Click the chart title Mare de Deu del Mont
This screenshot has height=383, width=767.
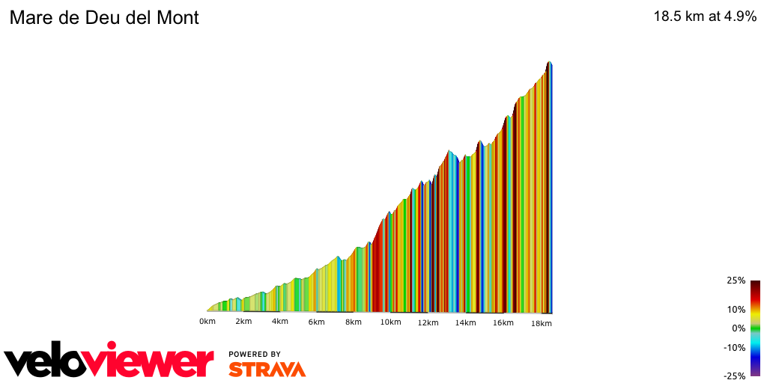pyautogui.click(x=104, y=18)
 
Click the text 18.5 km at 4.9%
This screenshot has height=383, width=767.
pyautogui.click(x=705, y=17)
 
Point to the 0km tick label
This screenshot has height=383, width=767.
pyautogui.click(x=207, y=322)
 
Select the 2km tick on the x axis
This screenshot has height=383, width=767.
pyautogui.click(x=243, y=322)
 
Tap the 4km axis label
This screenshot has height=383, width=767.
pyautogui.click(x=279, y=322)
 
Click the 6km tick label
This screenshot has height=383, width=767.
pyautogui.click(x=316, y=322)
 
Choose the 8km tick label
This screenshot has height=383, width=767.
pyautogui.click(x=354, y=322)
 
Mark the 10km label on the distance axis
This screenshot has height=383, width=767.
pyautogui.click(x=389, y=322)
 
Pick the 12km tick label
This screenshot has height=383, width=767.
pyautogui.click(x=428, y=322)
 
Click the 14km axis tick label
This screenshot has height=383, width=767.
pyautogui.click(x=465, y=322)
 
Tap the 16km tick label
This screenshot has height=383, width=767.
pyautogui.click(x=503, y=322)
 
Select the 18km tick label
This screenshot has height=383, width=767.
pyautogui.click(x=542, y=322)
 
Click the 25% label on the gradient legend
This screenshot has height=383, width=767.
pyautogui.click(x=736, y=281)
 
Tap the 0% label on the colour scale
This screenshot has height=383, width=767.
pyautogui.click(x=738, y=328)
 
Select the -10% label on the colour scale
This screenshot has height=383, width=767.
pyautogui.click(x=734, y=347)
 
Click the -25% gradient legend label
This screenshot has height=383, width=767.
pyautogui.click(x=734, y=376)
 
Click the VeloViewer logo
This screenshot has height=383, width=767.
pyautogui.click(x=109, y=362)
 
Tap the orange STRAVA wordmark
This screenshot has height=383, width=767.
pyautogui.click(x=267, y=370)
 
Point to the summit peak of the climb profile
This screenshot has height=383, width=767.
pyautogui.click(x=550, y=62)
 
